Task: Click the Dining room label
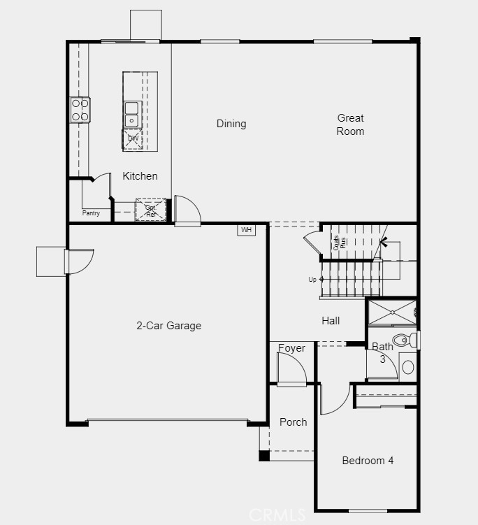pyautogui.click(x=231, y=124)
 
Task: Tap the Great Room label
pyautogui.click(x=350, y=124)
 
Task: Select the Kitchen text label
pyautogui.click(x=140, y=176)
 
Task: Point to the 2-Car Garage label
pyautogui.click(x=168, y=325)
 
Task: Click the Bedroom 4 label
pyautogui.click(x=368, y=461)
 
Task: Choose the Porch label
pyautogui.click(x=293, y=422)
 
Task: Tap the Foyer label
pyautogui.click(x=291, y=348)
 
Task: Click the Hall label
pyautogui.click(x=331, y=321)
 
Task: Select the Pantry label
pyautogui.click(x=91, y=213)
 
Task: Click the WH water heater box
pyautogui.click(x=246, y=229)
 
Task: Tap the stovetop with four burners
pyautogui.click(x=80, y=110)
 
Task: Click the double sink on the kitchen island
pyautogui.click(x=132, y=114)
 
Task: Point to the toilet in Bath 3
pyautogui.click(x=403, y=340)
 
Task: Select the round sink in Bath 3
pyautogui.click(x=408, y=366)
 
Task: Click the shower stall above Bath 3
pyautogui.click(x=392, y=312)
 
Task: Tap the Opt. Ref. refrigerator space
pyautogui.click(x=151, y=210)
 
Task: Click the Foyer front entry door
pyautogui.click(x=291, y=369)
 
